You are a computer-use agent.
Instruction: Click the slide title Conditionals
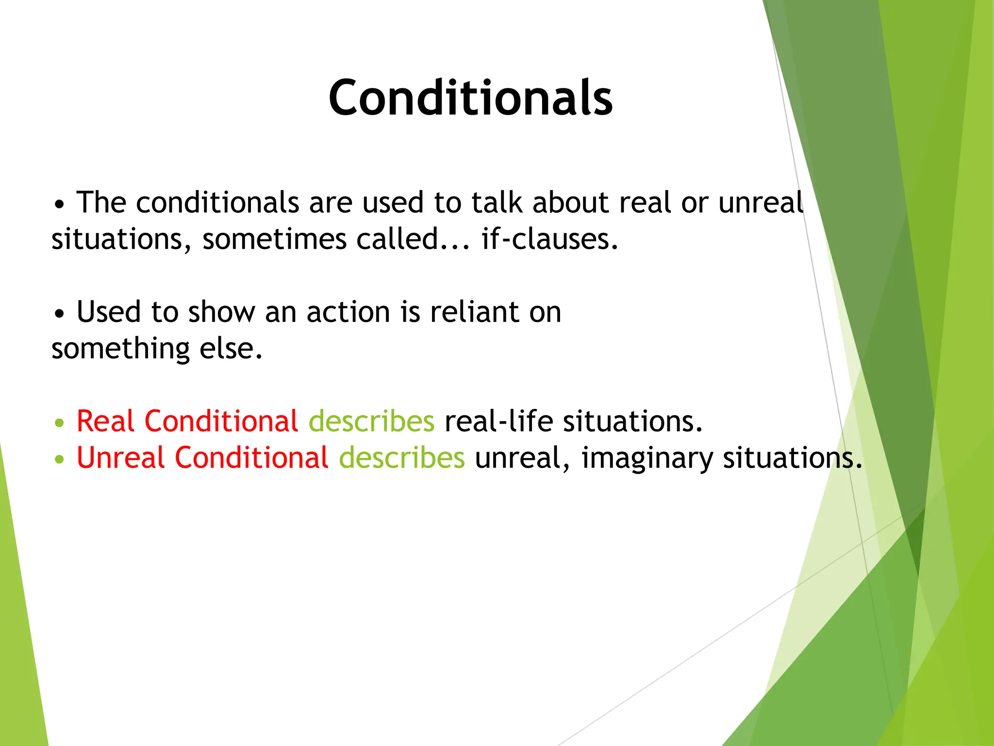[x=470, y=98]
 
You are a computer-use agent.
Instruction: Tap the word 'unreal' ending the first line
[x=761, y=203]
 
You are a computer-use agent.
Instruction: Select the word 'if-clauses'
[x=549, y=239]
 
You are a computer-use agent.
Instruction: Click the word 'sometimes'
[x=274, y=239]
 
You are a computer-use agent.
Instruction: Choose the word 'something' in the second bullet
[x=120, y=349]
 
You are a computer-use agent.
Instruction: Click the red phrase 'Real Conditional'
[x=187, y=421]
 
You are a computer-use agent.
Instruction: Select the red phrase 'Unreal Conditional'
[x=202, y=458]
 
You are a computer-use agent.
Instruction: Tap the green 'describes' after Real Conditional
[x=371, y=421]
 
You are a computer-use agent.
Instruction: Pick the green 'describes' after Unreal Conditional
[x=401, y=458]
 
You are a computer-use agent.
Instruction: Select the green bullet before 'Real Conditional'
[x=59, y=423]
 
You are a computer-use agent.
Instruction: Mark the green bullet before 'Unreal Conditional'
[x=59, y=459]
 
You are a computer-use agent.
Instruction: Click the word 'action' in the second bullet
[x=348, y=312]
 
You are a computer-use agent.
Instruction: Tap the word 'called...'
[x=413, y=239]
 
